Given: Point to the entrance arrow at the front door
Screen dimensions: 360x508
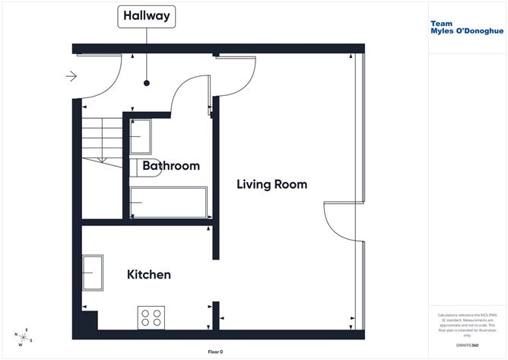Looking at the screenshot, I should pyautogui.click(x=71, y=76).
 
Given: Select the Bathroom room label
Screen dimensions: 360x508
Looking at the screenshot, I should pyautogui.click(x=171, y=165).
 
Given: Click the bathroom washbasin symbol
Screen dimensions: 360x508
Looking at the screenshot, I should pyautogui.click(x=140, y=137).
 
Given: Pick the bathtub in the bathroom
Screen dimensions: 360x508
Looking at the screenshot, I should pyautogui.click(x=168, y=202).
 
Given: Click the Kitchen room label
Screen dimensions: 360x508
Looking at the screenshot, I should pyautogui.click(x=148, y=275).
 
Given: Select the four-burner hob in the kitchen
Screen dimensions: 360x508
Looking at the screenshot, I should pyautogui.click(x=151, y=317).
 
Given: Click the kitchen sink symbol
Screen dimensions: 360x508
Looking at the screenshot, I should pyautogui.click(x=94, y=272).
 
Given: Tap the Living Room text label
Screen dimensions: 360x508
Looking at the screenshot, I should pyautogui.click(x=271, y=184).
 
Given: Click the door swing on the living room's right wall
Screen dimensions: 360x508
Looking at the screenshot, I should pyautogui.click(x=338, y=225).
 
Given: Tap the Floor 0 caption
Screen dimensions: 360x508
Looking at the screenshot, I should pyautogui.click(x=217, y=352).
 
